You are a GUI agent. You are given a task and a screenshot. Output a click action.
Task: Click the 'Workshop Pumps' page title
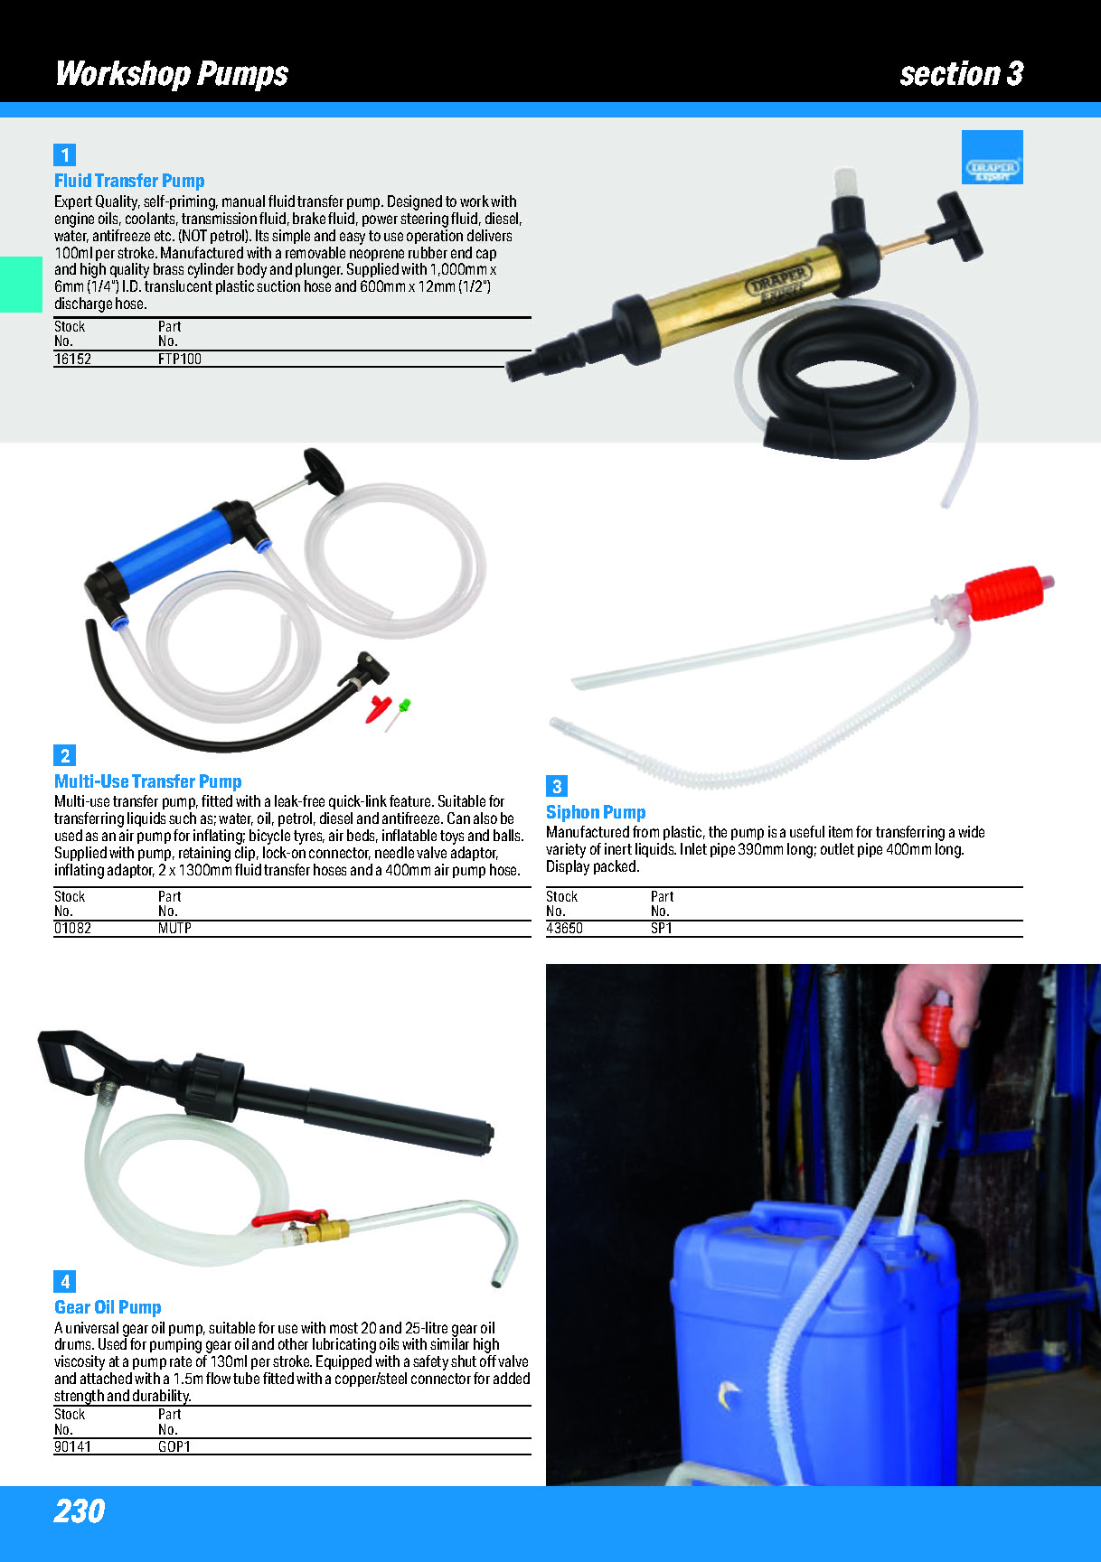pyautogui.click(x=172, y=73)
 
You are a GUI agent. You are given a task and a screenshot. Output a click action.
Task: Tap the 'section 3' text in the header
pyautogui.click(x=961, y=73)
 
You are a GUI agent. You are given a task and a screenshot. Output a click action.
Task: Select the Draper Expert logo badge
pyautogui.click(x=992, y=157)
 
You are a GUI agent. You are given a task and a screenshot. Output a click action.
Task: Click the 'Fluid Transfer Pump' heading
pyautogui.click(x=129, y=181)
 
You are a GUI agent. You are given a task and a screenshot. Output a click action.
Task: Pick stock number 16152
pyautogui.click(x=72, y=359)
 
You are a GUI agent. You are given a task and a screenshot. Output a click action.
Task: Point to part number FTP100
pyautogui.click(x=180, y=359)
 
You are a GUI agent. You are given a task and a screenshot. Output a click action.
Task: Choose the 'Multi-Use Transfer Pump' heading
pyautogui.click(x=148, y=781)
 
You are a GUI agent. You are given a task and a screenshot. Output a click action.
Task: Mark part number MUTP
pyautogui.click(x=174, y=928)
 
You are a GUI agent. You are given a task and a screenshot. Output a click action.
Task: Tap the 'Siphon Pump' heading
pyautogui.click(x=596, y=812)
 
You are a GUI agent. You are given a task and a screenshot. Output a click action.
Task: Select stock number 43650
pyautogui.click(x=564, y=928)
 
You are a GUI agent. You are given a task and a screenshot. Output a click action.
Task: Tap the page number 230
pyautogui.click(x=80, y=1511)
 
